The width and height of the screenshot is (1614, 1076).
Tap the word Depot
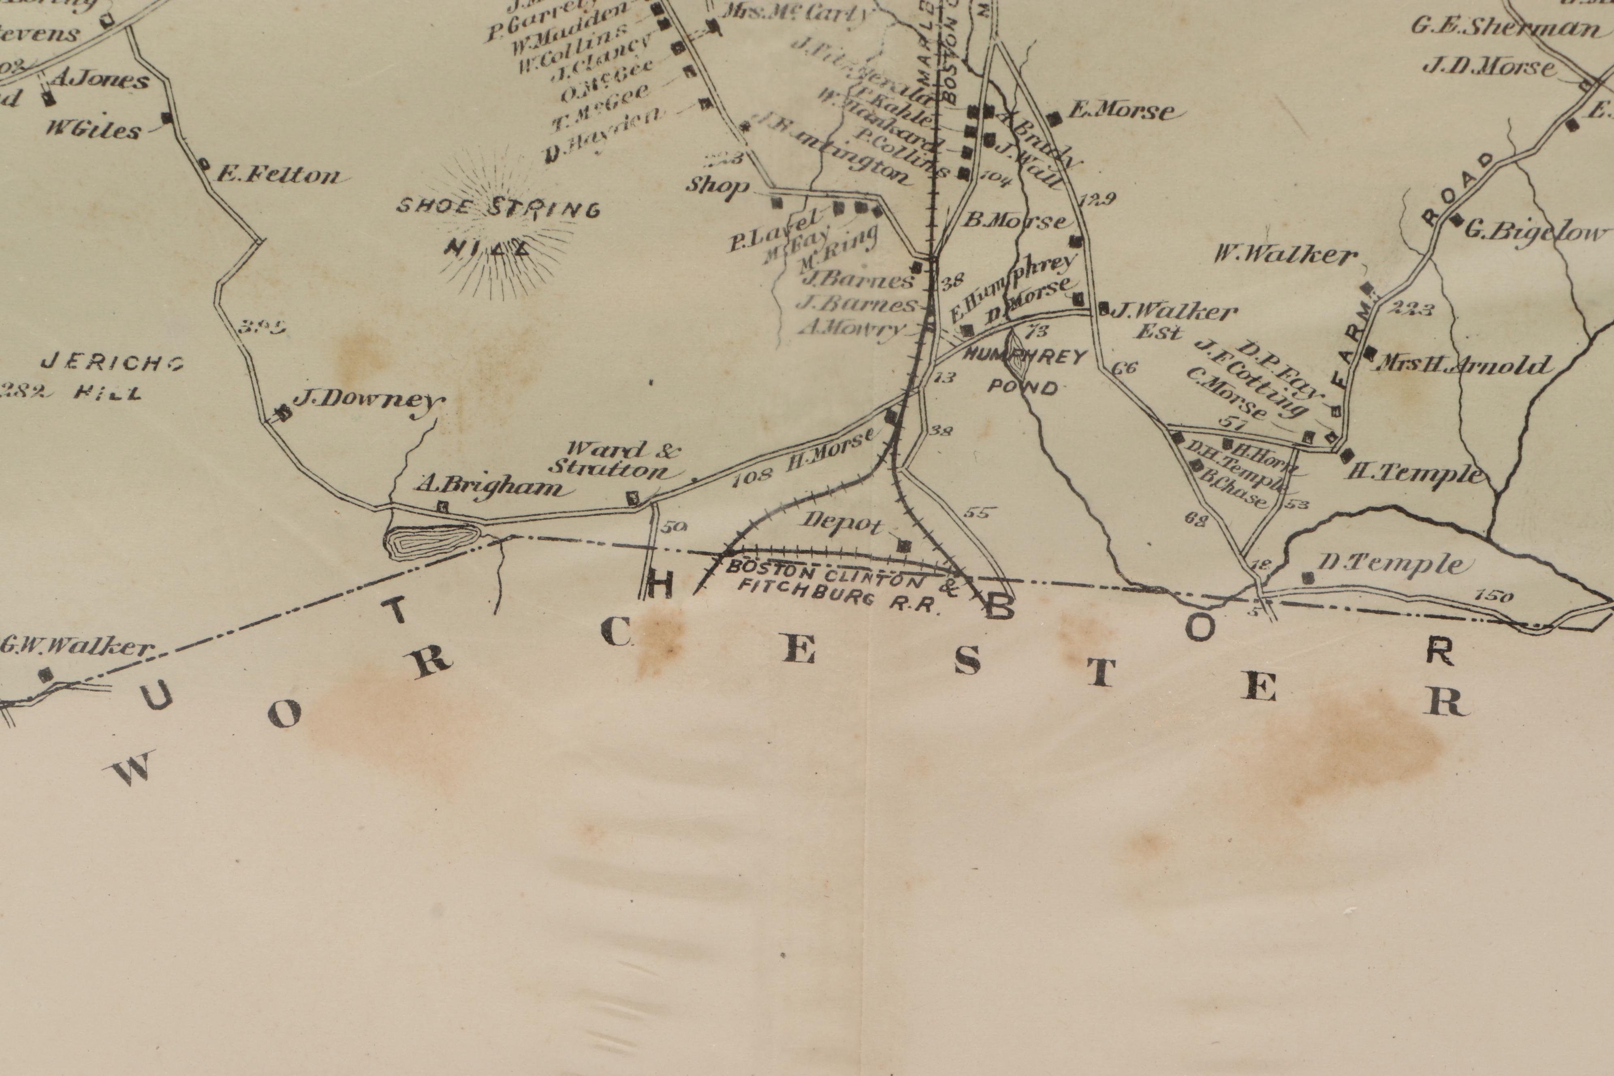point(843,523)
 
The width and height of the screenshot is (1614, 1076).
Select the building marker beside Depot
point(905,546)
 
